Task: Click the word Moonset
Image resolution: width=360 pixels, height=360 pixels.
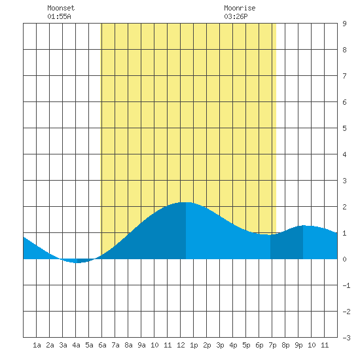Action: point(61,8)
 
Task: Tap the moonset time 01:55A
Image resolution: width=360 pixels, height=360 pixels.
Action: point(59,16)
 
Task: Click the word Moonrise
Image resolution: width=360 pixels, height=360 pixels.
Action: point(240,8)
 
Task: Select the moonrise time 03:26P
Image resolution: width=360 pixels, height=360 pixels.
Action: point(236,16)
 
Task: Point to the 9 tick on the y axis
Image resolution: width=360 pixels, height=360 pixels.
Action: point(344,24)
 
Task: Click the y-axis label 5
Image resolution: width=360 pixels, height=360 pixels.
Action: point(344,128)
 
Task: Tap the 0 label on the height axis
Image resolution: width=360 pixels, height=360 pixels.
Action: point(344,259)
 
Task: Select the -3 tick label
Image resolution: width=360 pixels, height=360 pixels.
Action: point(346,338)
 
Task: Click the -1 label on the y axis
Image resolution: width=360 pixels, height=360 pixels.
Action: point(346,285)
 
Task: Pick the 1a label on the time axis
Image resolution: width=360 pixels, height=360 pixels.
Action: point(37,345)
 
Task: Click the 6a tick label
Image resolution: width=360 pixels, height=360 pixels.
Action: point(102,345)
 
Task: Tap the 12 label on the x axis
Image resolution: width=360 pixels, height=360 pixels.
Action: point(181,345)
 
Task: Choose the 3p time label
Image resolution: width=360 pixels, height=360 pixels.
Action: point(220,345)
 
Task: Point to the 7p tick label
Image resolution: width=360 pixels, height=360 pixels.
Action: point(272,345)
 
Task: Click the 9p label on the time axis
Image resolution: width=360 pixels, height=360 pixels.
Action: point(298,345)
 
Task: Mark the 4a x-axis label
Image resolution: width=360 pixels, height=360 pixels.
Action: point(76,345)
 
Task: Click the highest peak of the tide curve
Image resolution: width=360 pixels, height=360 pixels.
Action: point(186,202)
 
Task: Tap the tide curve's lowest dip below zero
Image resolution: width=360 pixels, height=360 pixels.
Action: point(77,262)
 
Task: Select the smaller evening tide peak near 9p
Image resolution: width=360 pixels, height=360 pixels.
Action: point(303,226)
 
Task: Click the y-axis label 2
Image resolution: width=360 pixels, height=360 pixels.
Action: point(344,207)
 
